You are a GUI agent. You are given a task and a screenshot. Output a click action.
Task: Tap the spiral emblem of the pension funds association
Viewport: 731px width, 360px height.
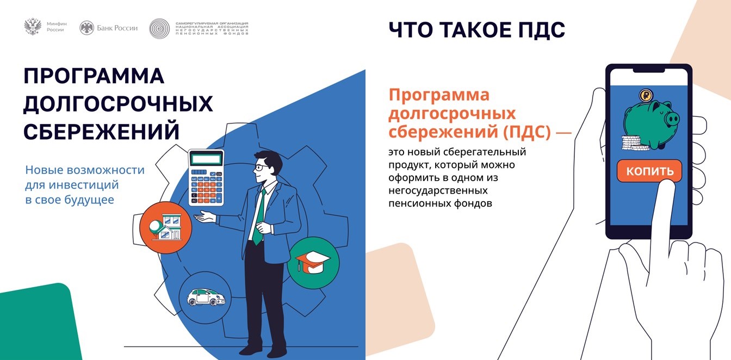coord(159,28)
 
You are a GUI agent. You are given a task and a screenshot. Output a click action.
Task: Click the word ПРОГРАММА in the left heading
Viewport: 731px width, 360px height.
coord(94,77)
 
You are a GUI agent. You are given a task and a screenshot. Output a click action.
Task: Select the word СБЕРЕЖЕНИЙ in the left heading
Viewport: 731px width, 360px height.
coord(101,131)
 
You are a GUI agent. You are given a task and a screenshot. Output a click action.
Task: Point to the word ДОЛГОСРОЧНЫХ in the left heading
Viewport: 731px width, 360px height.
coord(117,104)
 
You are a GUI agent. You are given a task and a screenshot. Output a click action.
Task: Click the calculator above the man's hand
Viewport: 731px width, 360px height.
coord(206,177)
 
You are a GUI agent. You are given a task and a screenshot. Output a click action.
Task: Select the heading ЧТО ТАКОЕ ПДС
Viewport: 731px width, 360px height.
coord(476,30)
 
